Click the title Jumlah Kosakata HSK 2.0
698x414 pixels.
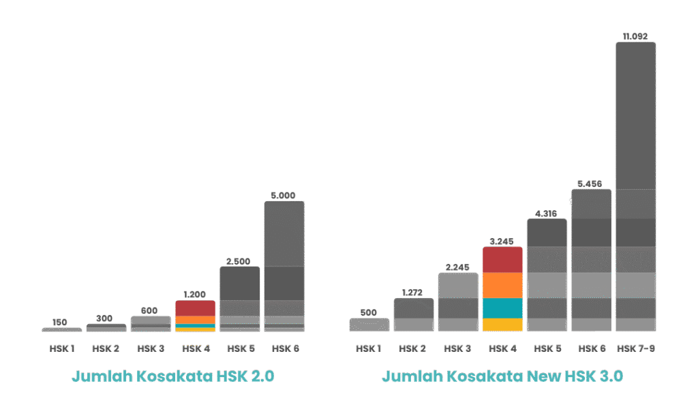[x=173, y=376]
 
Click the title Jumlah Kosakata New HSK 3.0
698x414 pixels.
[x=502, y=376]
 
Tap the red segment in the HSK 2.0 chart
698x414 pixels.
[x=195, y=308]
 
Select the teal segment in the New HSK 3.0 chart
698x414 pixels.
[x=502, y=308]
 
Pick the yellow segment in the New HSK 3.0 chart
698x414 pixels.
[x=502, y=325]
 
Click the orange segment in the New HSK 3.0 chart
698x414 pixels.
[x=502, y=286]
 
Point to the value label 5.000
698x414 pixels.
[x=284, y=195]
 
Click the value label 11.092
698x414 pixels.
[x=635, y=36]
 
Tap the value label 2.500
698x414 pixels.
[x=239, y=261]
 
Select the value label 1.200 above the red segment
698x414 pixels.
[x=195, y=295]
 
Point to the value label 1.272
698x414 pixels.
[x=413, y=293]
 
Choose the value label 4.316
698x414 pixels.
[x=547, y=213]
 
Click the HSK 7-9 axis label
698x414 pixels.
[x=635, y=349]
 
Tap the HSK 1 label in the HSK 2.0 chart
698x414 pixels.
[x=61, y=349]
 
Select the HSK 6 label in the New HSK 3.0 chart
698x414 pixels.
[x=591, y=349]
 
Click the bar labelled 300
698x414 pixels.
[x=106, y=327]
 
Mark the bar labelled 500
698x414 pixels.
[x=369, y=325]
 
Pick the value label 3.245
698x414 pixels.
[x=502, y=241]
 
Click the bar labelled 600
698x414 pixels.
[x=150, y=323]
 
